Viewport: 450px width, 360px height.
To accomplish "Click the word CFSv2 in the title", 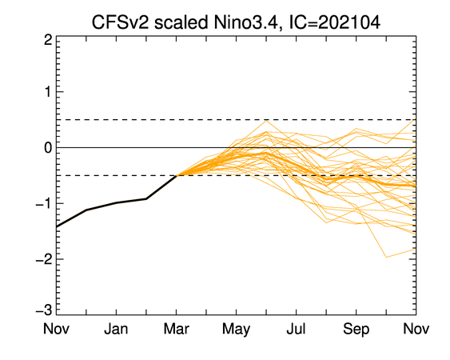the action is pos(120,22).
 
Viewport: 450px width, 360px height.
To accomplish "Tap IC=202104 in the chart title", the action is pos(334,22).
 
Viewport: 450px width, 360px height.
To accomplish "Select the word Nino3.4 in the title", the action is pos(245,22).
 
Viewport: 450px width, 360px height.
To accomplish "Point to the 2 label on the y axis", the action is pos(48,40).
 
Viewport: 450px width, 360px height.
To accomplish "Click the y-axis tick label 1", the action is pos(48,92).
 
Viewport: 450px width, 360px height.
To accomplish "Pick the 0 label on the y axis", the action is pos(48,148).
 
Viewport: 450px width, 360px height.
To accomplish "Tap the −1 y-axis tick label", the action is pos(44,204).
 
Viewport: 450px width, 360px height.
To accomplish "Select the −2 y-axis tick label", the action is pos(44,259).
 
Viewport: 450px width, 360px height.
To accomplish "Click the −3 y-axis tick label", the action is pos(44,310).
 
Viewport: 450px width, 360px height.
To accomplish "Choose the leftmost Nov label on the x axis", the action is pos(56,329).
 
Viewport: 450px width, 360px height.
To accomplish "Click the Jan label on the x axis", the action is pos(116,329).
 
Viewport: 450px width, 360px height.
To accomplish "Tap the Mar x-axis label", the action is pos(176,329).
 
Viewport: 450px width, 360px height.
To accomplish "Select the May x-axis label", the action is pos(236,330).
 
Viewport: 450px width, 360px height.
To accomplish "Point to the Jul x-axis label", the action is pos(296,329).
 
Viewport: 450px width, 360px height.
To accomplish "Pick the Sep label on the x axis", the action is pos(356,330).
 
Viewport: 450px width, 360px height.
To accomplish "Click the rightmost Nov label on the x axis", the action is pos(416,329).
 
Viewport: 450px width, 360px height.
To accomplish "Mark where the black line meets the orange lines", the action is pos(177,175).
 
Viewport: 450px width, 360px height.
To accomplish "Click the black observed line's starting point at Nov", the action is pos(57,226).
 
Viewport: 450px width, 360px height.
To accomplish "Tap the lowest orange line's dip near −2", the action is pos(386,257).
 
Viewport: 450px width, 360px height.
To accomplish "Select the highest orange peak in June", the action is pos(266,120).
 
